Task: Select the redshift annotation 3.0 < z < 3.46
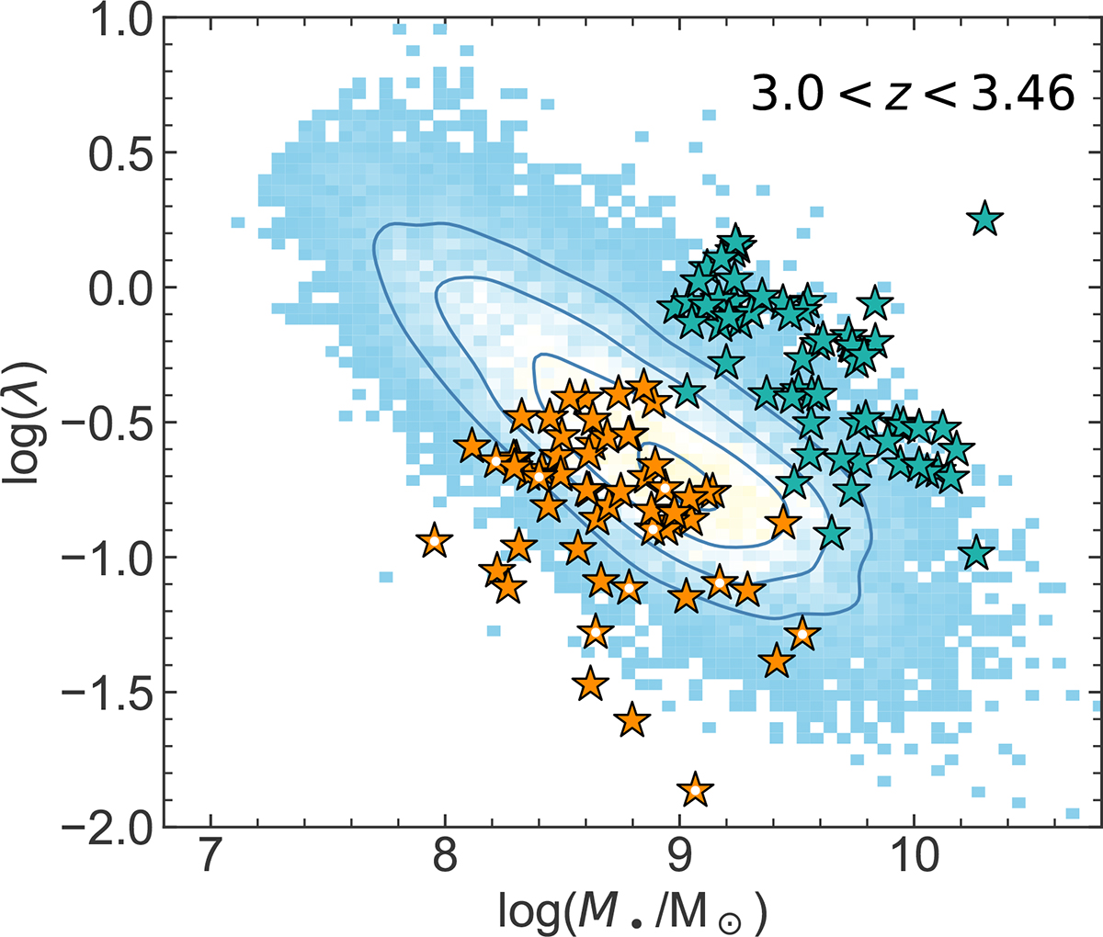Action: (x=913, y=94)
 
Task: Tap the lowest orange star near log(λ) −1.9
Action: (x=696, y=789)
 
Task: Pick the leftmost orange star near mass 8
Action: (x=435, y=541)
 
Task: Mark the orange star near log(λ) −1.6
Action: (x=631, y=720)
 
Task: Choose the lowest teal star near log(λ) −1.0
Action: (x=976, y=554)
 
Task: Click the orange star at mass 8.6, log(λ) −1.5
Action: (x=590, y=683)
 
